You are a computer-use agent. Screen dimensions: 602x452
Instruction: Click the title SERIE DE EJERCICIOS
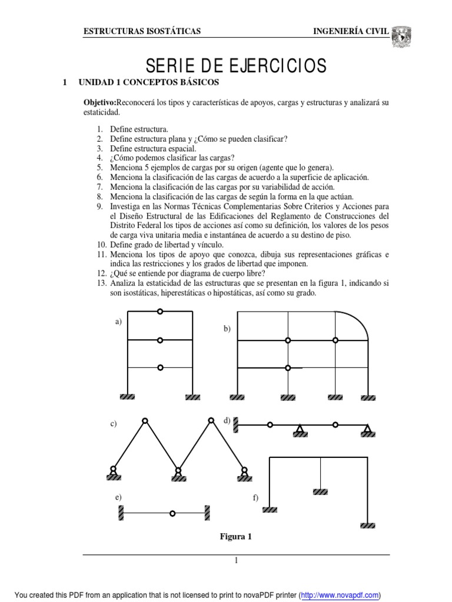(235, 65)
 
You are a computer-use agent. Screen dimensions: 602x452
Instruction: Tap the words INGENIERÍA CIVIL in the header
(351, 31)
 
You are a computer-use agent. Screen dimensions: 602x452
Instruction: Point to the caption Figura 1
(235, 536)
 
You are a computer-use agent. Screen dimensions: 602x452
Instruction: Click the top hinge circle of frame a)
(160, 312)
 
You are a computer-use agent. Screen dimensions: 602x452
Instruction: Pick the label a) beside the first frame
(118, 321)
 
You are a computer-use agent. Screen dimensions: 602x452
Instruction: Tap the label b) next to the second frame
(227, 329)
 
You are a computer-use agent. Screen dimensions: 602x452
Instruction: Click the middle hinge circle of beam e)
(172, 513)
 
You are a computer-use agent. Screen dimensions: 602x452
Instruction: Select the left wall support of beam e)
(121, 513)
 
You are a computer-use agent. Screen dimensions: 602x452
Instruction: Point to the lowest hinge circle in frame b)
(288, 368)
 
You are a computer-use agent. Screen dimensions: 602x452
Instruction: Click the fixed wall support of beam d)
(235, 424)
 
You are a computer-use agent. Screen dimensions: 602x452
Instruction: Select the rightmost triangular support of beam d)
(368, 431)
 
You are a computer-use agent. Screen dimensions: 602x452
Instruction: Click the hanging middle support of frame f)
(320, 491)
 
